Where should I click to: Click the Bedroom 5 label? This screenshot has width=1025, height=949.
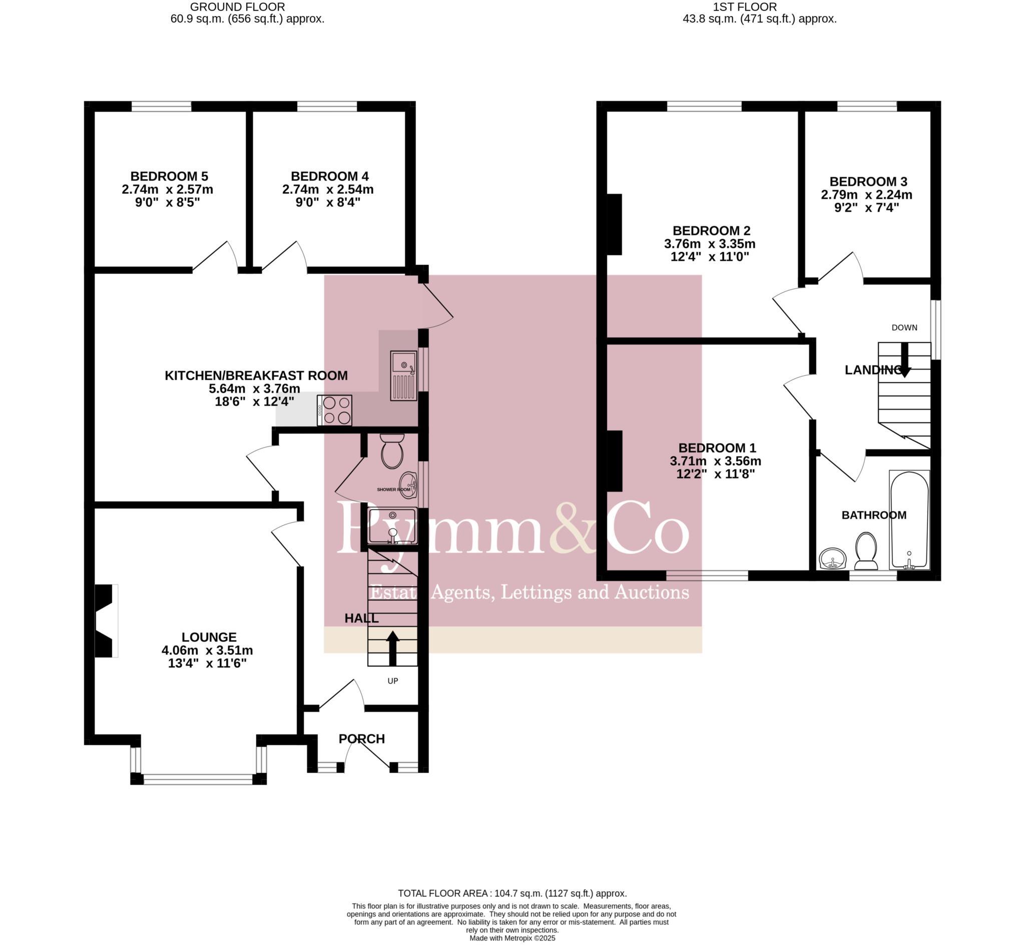click(169, 176)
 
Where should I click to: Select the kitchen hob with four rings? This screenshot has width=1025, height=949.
click(335, 410)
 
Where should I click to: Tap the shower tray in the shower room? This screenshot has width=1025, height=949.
click(393, 527)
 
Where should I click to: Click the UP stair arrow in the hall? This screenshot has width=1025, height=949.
click(393, 648)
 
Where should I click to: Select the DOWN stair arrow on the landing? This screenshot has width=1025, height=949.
click(904, 360)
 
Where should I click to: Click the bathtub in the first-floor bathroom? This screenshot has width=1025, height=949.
click(909, 520)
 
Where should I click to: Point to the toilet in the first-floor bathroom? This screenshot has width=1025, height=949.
click(866, 551)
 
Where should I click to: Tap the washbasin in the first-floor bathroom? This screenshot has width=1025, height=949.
click(832, 559)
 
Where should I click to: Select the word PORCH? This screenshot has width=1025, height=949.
click(361, 738)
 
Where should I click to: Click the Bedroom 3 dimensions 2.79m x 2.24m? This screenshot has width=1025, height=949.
click(866, 195)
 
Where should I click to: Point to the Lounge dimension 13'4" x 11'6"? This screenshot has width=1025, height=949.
click(208, 663)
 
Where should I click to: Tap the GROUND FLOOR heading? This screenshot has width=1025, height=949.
click(237, 7)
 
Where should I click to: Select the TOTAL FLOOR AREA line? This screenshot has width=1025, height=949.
click(512, 893)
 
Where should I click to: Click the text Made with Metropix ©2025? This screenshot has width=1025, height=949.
click(512, 937)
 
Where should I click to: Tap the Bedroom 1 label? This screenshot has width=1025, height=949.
click(716, 448)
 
